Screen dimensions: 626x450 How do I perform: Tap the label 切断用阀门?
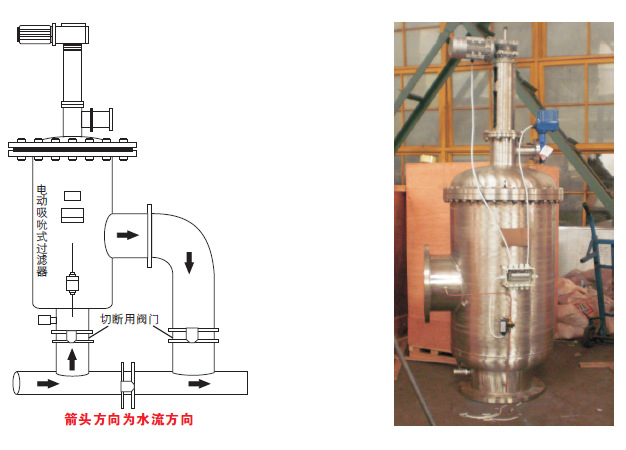coord(130,319)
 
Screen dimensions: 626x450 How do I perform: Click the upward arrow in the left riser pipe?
coord(71,354)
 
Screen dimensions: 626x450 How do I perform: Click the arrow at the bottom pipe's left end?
coord(46,383)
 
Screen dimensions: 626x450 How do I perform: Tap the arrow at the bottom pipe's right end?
coord(200,383)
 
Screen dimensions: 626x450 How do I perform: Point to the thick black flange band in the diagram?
coord(70,150)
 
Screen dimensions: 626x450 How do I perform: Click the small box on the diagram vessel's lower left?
coord(44,320)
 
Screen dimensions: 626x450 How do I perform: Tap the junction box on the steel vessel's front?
coord(518,269)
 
